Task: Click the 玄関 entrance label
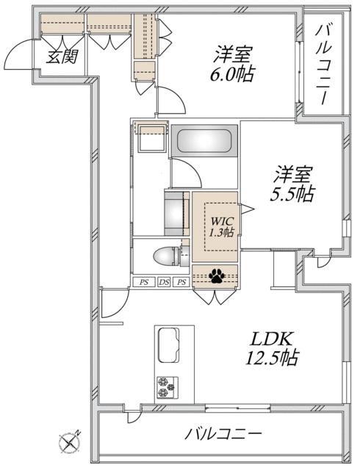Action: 62,56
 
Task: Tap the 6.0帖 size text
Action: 232,74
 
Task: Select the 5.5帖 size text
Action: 292,194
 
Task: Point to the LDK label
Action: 271,339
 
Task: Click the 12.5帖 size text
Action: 272,358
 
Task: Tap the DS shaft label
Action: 164,282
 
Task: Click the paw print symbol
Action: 217,275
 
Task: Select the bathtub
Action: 204,140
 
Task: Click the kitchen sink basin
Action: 168,345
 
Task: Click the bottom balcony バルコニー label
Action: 223,434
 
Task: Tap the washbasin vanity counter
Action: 177,214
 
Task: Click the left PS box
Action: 144,282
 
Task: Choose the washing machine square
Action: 152,139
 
